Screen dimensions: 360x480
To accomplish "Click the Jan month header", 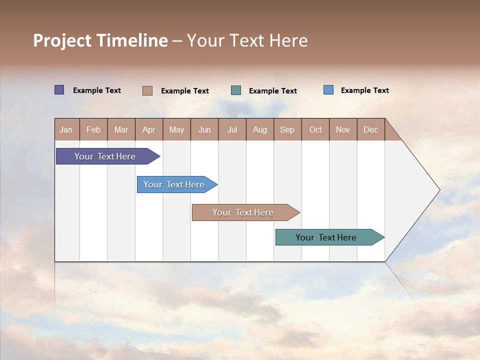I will pyautogui.click(x=66, y=129).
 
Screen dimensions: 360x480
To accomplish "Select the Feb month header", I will pyautogui.click(x=93, y=129).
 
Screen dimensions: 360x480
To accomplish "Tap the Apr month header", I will pyautogui.click(x=149, y=129).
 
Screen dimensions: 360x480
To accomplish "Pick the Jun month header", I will pyautogui.click(x=204, y=129).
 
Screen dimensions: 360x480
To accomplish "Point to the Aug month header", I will pyautogui.click(x=260, y=129).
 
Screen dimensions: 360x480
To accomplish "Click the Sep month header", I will pyautogui.click(x=287, y=129).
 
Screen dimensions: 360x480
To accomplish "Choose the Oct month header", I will pyautogui.click(x=315, y=129).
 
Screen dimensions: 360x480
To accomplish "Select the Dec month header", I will pyautogui.click(x=371, y=129).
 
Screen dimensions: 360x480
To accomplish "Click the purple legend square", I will pyautogui.click(x=59, y=90).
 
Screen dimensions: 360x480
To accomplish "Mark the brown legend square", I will pyautogui.click(x=147, y=90).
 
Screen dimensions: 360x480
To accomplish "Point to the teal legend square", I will pyautogui.click(x=236, y=90).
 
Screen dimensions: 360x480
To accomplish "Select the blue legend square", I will pyautogui.click(x=328, y=90).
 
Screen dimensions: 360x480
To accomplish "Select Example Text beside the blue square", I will pyautogui.click(x=365, y=90).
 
